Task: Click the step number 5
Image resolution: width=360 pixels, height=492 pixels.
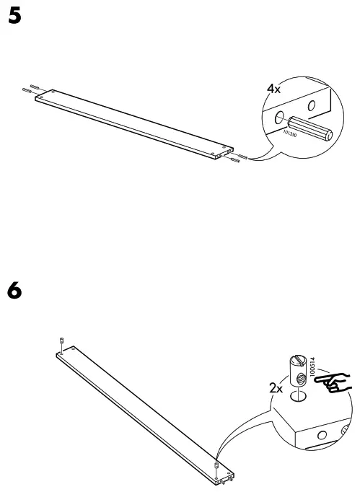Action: [13, 17]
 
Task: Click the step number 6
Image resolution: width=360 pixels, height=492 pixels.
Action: [13, 292]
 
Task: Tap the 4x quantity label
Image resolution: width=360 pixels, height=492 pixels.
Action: [274, 89]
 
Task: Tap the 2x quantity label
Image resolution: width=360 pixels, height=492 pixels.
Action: [275, 387]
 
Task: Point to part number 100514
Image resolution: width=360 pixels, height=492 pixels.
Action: [312, 364]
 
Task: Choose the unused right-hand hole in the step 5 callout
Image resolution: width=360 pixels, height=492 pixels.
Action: [312, 105]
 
